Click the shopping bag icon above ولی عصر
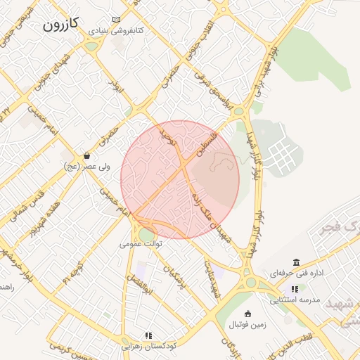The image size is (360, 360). point(86,155)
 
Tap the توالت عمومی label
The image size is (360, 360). point(141,244)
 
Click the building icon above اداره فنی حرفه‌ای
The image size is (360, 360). point(296,261)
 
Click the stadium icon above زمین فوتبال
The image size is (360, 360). point(247,314)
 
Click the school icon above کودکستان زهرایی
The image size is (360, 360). point(148,335)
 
